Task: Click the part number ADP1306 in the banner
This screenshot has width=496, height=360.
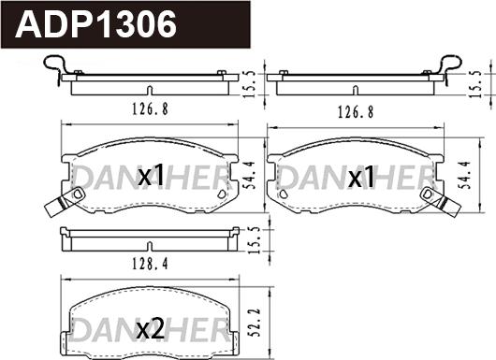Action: [97, 24]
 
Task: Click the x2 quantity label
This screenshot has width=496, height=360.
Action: [151, 328]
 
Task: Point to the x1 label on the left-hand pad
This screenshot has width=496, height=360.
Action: [152, 176]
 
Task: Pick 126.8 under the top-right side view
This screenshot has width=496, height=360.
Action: [356, 108]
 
